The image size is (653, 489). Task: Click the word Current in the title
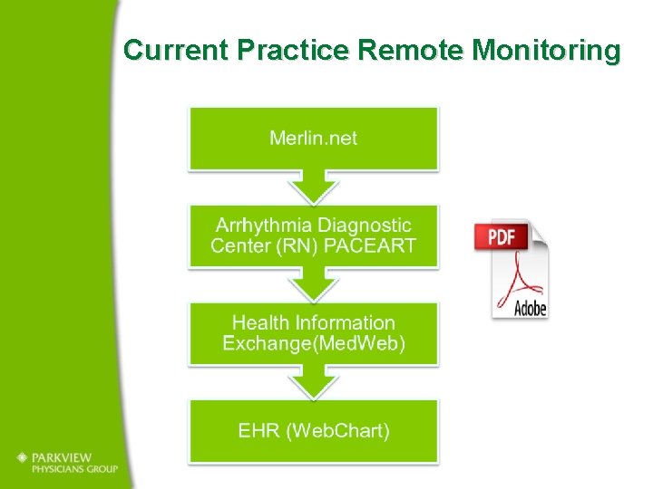(x=176, y=50)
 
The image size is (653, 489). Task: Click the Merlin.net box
(x=313, y=138)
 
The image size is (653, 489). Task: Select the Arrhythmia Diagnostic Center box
(x=313, y=235)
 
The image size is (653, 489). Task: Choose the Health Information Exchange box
(x=313, y=332)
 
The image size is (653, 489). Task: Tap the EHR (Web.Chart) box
(x=313, y=430)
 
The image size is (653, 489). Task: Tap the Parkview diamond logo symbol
(x=21, y=458)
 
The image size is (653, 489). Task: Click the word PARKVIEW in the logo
(x=65, y=457)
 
